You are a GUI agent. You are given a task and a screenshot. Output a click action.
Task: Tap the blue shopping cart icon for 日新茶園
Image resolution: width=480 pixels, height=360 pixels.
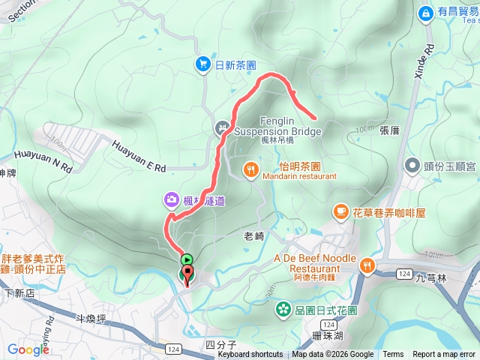click(x=202, y=64)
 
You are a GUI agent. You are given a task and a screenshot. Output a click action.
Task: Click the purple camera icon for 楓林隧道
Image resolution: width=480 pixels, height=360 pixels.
click(x=172, y=199)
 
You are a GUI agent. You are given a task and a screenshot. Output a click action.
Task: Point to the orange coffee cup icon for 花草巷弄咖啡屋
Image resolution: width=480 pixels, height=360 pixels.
click(x=340, y=212)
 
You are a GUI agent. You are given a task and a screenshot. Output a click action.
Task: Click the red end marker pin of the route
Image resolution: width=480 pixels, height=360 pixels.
click(x=187, y=274)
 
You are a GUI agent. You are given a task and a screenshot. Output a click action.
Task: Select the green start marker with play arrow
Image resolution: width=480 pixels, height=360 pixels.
click(x=187, y=259)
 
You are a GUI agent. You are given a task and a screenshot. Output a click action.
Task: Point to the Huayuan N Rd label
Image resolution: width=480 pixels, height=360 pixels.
click(x=46, y=156)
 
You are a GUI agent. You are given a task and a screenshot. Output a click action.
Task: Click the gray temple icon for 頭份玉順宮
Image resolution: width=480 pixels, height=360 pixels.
click(x=412, y=164)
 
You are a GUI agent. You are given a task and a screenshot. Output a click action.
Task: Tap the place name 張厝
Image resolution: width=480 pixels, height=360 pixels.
click(x=390, y=130)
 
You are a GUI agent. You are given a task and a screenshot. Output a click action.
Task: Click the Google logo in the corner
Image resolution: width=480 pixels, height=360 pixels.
click(x=28, y=349)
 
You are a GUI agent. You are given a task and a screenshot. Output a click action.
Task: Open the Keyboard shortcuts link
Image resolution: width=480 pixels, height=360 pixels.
click(x=250, y=355)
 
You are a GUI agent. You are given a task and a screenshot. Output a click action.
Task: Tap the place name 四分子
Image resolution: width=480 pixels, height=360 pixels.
click(x=220, y=345)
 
